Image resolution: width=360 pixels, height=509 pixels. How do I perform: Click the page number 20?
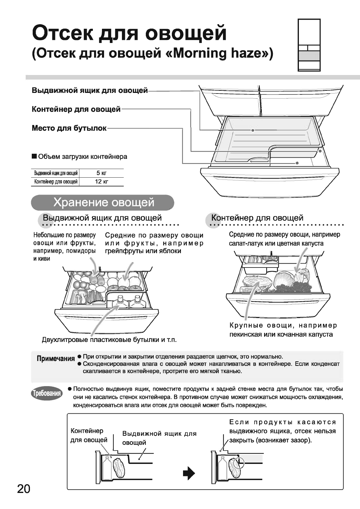click(x=24, y=488)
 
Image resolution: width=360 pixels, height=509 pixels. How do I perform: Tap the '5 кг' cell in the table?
click(x=101, y=173)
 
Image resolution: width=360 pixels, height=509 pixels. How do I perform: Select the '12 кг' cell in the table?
click(x=101, y=182)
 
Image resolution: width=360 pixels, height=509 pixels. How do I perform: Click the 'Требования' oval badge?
click(x=47, y=393)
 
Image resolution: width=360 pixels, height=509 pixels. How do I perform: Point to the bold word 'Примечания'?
click(x=56, y=359)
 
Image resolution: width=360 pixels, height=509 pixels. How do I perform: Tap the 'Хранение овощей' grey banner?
click(x=103, y=202)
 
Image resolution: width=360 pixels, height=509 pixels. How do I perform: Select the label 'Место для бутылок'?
click(x=69, y=128)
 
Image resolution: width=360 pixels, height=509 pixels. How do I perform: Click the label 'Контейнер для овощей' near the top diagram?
click(x=76, y=109)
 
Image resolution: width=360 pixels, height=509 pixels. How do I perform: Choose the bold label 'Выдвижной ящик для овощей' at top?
click(x=90, y=90)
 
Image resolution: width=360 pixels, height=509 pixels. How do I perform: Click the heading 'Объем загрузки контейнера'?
click(x=83, y=157)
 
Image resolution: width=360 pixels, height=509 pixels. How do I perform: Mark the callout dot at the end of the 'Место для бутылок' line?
click(x=297, y=163)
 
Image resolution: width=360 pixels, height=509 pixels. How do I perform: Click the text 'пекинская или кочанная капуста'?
click(x=281, y=334)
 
